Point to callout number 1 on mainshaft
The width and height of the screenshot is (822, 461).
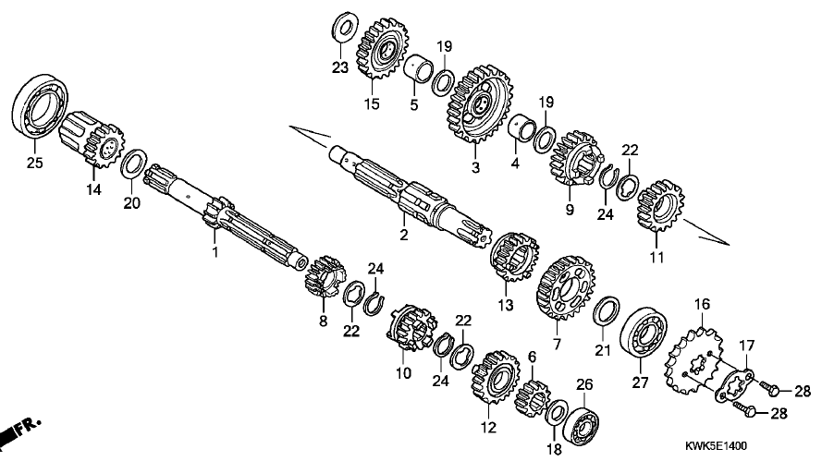click(x=215, y=251)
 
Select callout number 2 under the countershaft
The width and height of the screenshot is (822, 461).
click(x=403, y=237)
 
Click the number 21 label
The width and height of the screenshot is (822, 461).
click(x=602, y=350)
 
